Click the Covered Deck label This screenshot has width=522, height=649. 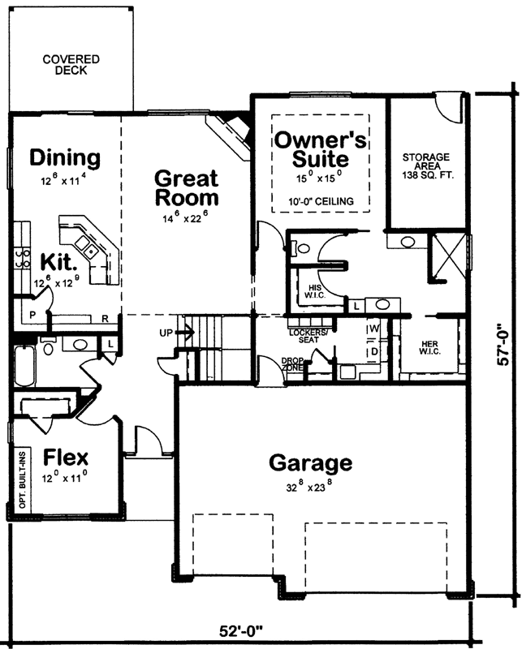[x=71, y=65]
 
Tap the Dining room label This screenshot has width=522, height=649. [x=65, y=157]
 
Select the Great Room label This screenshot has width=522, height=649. [x=186, y=187]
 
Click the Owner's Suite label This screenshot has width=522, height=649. [x=320, y=148]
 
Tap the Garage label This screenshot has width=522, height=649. [x=311, y=463]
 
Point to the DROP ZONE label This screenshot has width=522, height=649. [x=293, y=364]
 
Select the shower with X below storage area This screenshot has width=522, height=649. [x=447, y=251]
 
